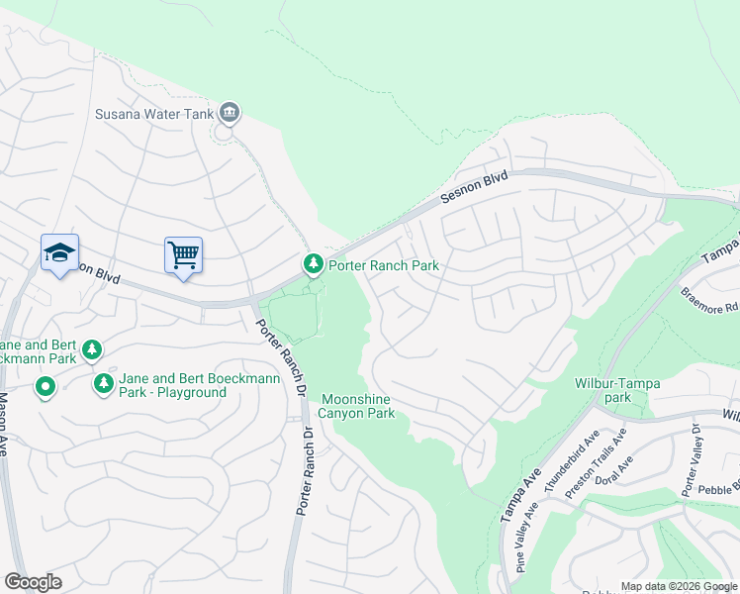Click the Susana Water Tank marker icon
[231, 113]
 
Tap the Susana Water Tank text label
[153, 114]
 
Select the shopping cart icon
[183, 255]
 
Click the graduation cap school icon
[59, 253]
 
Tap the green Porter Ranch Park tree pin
[313, 264]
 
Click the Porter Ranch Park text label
[383, 265]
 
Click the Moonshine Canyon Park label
[356, 406]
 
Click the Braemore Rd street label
[709, 300]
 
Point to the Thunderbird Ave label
[570, 455]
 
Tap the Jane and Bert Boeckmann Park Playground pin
[102, 383]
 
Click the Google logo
[33, 582]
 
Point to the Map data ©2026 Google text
[679, 586]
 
